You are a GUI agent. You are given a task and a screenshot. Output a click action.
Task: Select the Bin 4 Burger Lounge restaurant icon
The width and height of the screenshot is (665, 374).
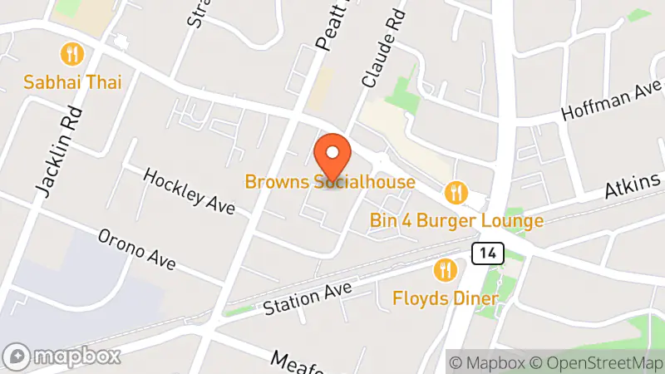click(454, 194)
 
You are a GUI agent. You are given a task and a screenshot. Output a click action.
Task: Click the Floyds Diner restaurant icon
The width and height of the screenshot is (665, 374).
click(446, 270)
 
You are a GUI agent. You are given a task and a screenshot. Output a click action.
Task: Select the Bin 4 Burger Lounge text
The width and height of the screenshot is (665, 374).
click(457, 221)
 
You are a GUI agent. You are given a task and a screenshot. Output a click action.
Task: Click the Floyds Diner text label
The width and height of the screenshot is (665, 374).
click(446, 298)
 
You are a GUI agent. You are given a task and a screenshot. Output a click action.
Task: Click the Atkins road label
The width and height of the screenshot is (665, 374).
click(633, 185)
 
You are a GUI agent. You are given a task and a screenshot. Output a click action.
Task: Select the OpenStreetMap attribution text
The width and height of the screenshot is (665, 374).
click(598, 362)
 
